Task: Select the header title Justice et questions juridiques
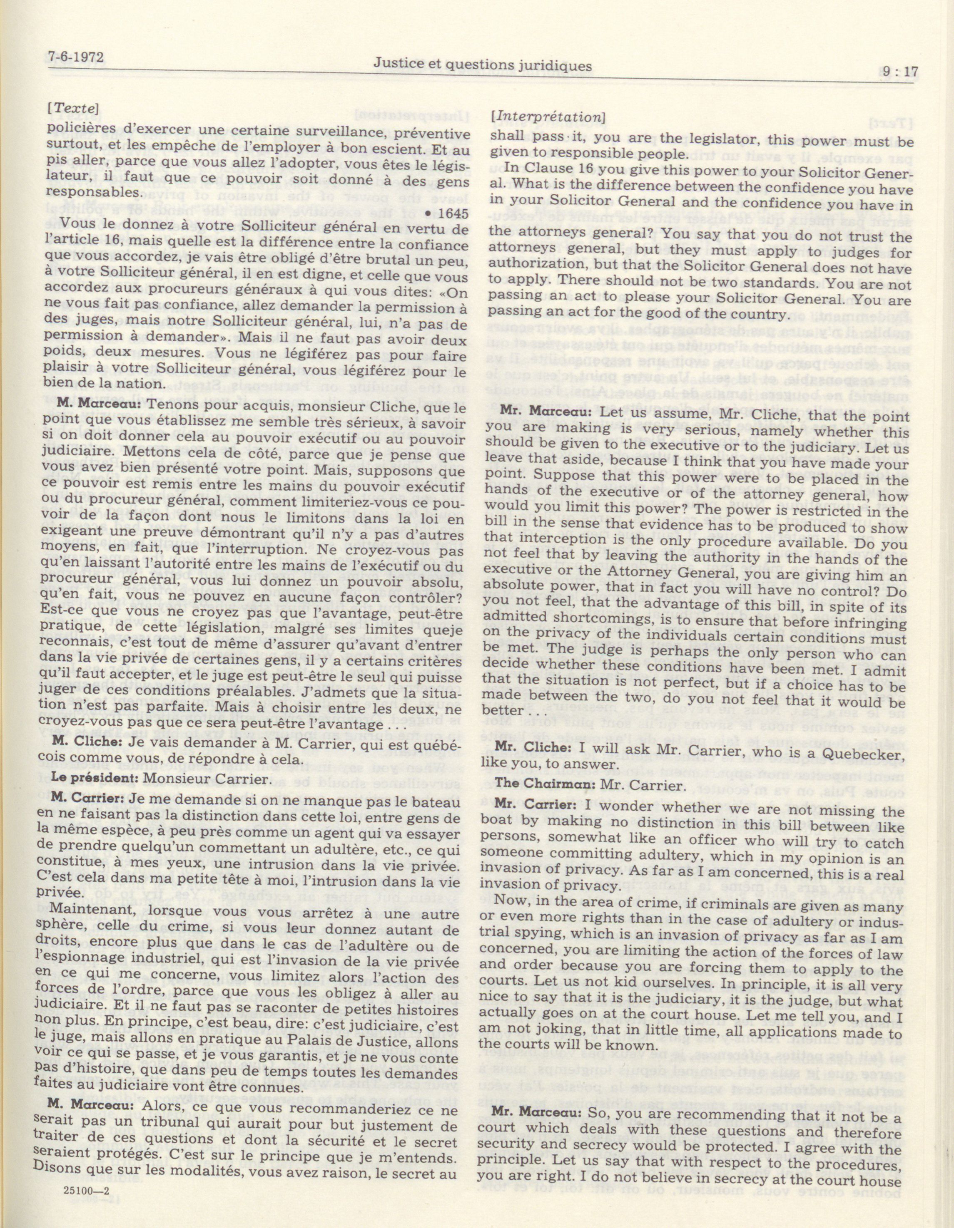point(483,66)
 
